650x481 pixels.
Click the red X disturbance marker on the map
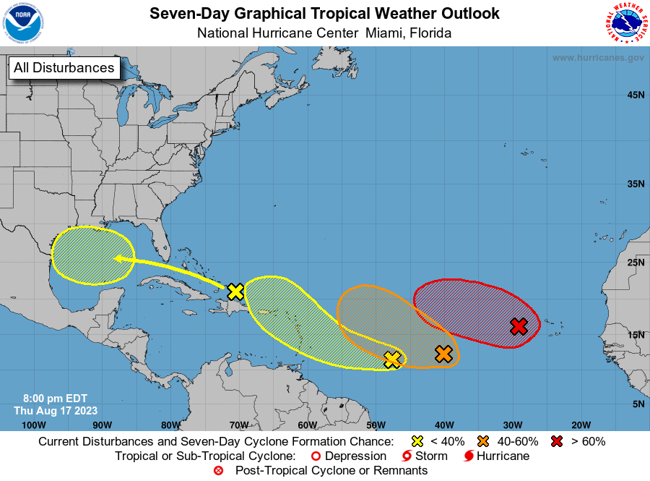(x=519, y=326)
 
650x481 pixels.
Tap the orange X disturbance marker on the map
(x=443, y=354)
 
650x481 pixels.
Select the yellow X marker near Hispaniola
(x=235, y=291)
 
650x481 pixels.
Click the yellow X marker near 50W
(x=392, y=359)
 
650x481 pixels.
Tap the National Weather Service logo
(x=625, y=23)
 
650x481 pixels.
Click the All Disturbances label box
(x=64, y=68)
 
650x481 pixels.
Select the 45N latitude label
(x=635, y=95)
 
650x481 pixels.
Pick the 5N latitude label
(x=637, y=404)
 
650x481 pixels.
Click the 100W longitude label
(x=33, y=425)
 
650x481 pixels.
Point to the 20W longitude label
(x=581, y=425)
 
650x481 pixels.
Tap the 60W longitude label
(x=307, y=425)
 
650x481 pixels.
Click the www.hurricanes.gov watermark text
(x=597, y=57)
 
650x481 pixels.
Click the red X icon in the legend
(x=557, y=441)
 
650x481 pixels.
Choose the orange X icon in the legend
(x=483, y=441)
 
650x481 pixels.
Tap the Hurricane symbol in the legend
(x=469, y=456)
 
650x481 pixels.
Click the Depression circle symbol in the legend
(x=314, y=456)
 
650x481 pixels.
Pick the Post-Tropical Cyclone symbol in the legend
(x=218, y=471)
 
